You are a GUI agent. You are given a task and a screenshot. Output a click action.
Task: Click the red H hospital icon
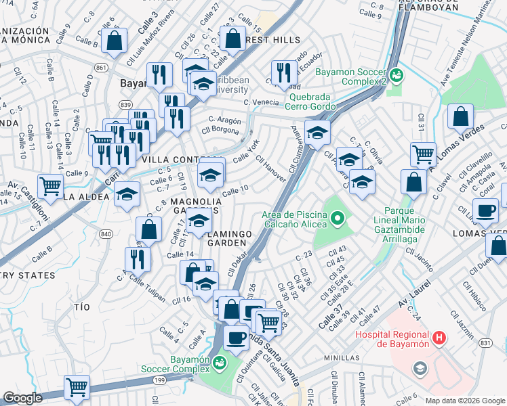[x=439, y=338]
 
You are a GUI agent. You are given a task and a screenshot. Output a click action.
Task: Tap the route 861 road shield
[x=101, y=68]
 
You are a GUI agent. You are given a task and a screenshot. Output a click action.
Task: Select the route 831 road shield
[x=485, y=343]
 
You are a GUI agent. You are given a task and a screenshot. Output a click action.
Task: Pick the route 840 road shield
[x=105, y=233]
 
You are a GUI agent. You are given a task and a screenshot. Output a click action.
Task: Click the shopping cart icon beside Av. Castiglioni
[x=51, y=185]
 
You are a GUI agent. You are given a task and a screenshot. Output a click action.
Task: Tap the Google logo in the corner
[x=22, y=399]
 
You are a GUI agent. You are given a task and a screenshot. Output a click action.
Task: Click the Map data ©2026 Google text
[x=465, y=400]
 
